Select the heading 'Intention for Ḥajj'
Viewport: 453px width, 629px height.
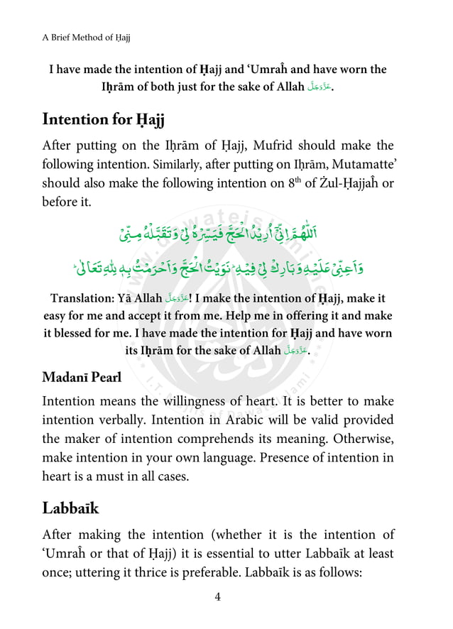[104, 119]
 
